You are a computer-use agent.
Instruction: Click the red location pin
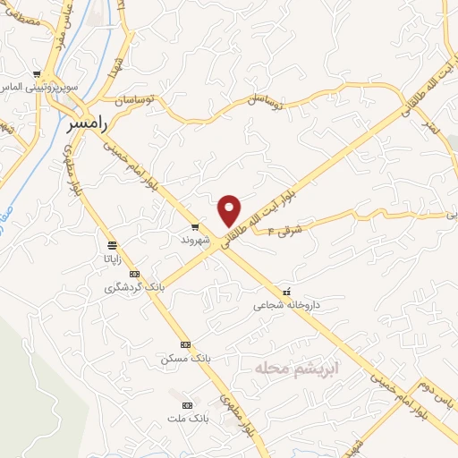click(x=230, y=209)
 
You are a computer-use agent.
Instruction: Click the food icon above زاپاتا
click(x=112, y=244)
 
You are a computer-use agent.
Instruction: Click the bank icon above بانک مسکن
click(x=185, y=344)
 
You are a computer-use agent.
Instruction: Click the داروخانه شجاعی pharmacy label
click(x=284, y=305)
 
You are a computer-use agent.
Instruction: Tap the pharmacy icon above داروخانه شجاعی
click(x=286, y=292)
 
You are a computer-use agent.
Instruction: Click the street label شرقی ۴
click(x=284, y=227)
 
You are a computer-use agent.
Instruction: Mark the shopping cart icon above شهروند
click(x=196, y=227)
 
